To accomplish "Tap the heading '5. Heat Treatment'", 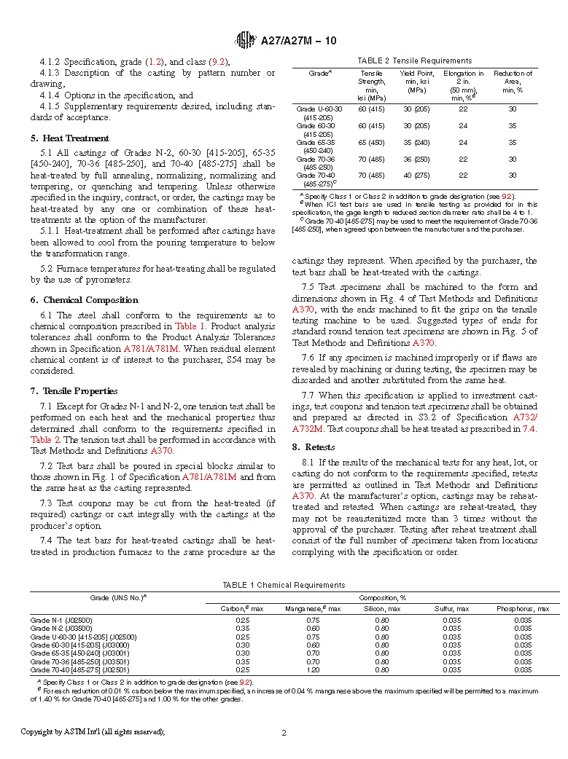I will coord(70,138).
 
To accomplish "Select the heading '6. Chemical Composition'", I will coord(84,299).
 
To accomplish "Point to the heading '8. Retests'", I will coord(314,447).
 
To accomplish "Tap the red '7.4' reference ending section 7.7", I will coord(529,429).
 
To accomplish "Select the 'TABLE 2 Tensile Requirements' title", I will coord(414,60).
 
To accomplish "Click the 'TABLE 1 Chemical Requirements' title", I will coord(284,585).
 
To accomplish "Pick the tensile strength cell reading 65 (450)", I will coord(371,143).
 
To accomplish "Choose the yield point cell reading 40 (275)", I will coord(416,176).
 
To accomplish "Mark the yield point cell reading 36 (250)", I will coord(416,159).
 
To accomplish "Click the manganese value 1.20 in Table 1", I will coord(314,669).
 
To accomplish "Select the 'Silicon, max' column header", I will coord(381,608).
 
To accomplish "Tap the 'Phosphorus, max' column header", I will coord(523,608).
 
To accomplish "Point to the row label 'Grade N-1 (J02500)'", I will coord(61,620).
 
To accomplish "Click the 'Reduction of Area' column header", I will coord(513,82).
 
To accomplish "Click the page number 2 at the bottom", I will coord(284,733).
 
